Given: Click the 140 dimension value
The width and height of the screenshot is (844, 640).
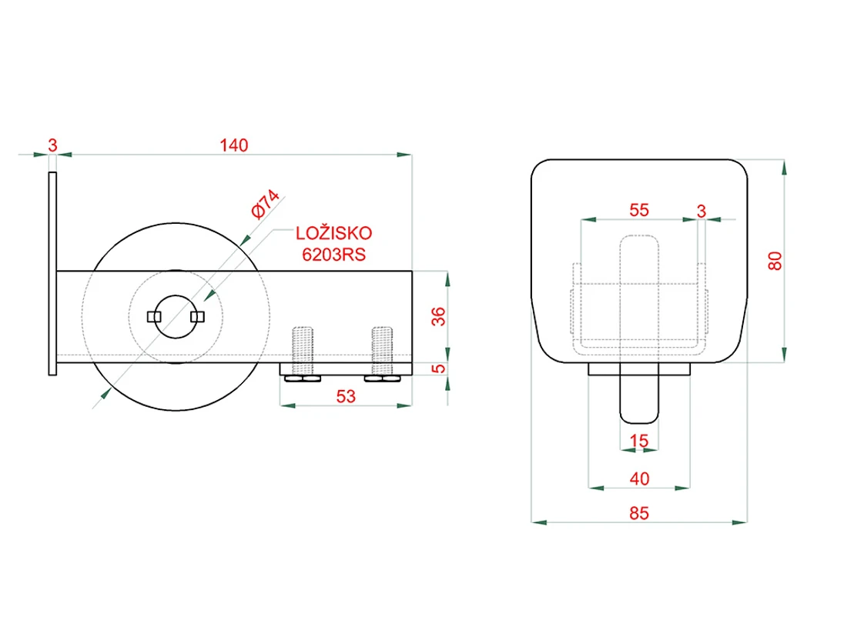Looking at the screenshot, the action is coord(233,145).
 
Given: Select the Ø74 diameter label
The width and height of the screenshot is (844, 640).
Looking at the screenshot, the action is coord(266,204).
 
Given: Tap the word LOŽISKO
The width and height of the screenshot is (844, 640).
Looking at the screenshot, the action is coord(333,233).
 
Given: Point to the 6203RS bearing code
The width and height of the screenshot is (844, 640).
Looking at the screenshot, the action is coord(333,254).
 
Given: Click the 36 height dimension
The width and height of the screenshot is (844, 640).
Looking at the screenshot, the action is coord(439,316).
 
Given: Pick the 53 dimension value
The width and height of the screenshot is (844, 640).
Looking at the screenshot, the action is coord(346,396).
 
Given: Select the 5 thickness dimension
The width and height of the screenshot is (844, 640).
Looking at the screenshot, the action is coord(439,368).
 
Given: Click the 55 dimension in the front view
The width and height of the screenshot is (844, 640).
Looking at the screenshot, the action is coord(639,210).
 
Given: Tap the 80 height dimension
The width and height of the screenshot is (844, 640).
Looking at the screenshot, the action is coord(775,261).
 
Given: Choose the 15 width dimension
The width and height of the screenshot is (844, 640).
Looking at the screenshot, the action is coord(638,441).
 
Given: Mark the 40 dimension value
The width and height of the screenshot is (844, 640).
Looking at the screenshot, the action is coord(639,478).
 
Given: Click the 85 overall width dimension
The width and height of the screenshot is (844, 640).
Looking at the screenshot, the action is coord(639,513).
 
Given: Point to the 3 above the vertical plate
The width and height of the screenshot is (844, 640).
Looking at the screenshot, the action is coord(52,145).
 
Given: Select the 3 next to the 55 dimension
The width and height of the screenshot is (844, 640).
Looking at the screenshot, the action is coord(701,211).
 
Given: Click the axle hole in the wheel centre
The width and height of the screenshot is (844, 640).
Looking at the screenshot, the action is coord(176,317).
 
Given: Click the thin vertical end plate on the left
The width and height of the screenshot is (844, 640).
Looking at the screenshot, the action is coord(52,273).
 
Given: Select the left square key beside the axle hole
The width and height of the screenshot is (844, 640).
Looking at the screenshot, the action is coord(154,317).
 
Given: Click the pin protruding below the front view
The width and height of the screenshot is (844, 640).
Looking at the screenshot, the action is coord(639,393).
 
